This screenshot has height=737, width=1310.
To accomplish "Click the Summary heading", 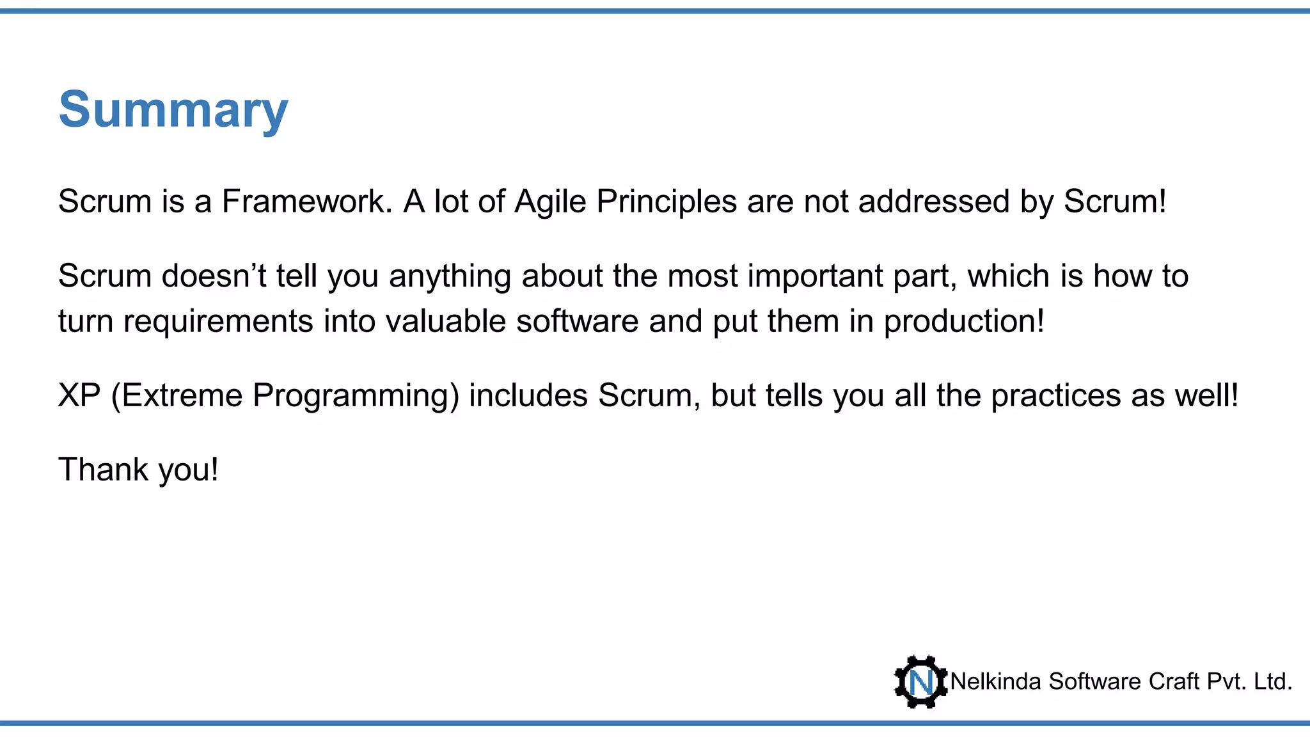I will (173, 109).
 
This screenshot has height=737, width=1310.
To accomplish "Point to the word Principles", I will (667, 202).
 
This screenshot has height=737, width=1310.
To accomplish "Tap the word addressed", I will (934, 202).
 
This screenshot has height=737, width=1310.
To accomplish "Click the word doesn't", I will (214, 276).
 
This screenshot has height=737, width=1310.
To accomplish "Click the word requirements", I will (218, 321).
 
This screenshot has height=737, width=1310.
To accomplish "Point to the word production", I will (963, 321).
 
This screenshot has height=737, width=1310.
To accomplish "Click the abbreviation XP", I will (79, 395).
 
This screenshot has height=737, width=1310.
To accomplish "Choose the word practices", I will (1055, 395).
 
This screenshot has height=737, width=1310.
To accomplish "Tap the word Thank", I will (103, 470).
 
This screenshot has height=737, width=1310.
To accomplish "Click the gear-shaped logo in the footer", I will (920, 681).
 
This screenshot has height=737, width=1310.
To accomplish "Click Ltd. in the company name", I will (1272, 682).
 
